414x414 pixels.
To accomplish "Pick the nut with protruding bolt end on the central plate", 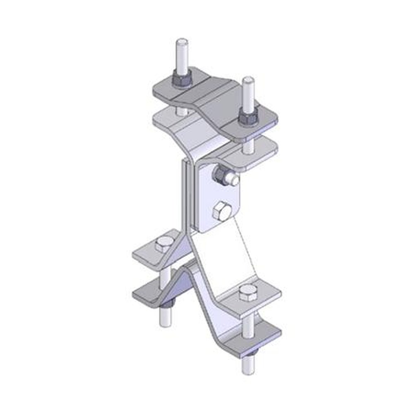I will click(x=224, y=176).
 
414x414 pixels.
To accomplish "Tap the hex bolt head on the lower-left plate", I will click(x=164, y=244).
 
